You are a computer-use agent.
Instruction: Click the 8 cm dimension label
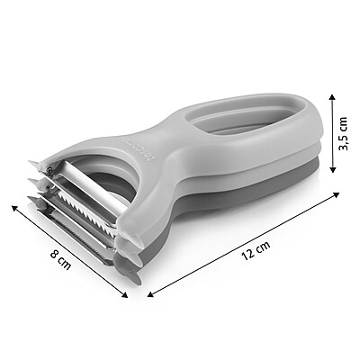click(60, 259)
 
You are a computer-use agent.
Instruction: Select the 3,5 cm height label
click(342, 133)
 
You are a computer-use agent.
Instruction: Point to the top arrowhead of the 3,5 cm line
click(331, 97)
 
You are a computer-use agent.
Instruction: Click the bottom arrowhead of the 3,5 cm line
click(332, 169)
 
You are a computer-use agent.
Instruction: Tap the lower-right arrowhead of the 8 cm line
click(124, 294)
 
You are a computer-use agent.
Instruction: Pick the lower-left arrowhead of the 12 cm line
click(151, 294)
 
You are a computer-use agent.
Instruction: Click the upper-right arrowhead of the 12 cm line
click(336, 195)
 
